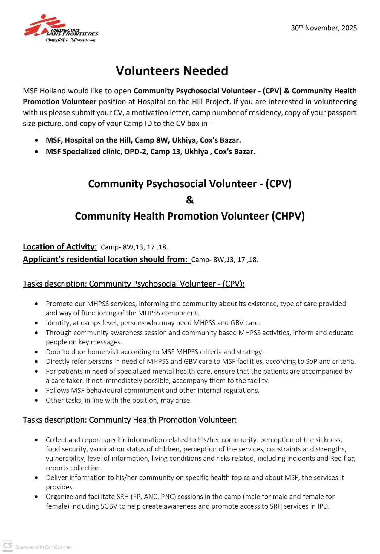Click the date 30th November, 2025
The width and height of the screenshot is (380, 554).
click(x=324, y=28)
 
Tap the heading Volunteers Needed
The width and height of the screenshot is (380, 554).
click(x=172, y=71)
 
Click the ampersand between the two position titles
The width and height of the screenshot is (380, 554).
click(x=190, y=200)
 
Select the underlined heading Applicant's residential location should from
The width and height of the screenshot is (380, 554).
click(x=107, y=259)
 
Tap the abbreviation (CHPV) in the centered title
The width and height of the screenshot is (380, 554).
click(x=288, y=216)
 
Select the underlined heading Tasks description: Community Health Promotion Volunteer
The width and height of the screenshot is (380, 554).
click(x=130, y=420)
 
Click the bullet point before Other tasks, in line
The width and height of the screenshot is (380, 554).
click(x=36, y=400)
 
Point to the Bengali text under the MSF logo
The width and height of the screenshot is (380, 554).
click(x=71, y=40)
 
